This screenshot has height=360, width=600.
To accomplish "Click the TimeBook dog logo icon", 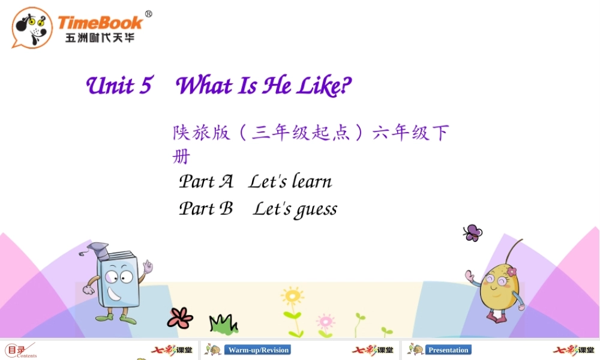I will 32,27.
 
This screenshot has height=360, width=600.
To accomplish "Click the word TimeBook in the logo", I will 100,23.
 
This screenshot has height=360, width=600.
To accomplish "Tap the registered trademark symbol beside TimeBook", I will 148,14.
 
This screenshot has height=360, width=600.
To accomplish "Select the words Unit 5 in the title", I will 119,86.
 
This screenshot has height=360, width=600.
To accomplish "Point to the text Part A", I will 206,181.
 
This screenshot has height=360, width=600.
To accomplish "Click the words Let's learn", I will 290,181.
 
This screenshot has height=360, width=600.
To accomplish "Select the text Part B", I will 206,208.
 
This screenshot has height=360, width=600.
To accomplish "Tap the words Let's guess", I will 295,209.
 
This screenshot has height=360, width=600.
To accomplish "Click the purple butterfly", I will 473,232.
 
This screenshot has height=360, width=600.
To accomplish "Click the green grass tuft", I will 223,324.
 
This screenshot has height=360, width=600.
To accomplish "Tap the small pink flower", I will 325,321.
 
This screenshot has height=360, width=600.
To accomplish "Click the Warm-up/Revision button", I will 259,350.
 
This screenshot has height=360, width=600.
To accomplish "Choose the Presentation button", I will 448,350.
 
